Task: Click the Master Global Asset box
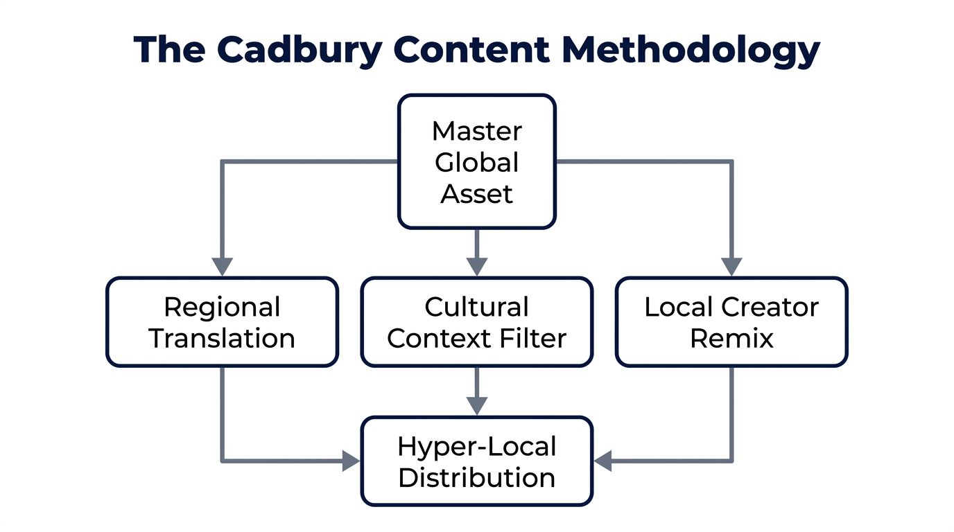[477, 162]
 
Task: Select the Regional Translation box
[222, 322]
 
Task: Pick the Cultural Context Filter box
[477, 322]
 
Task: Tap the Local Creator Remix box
[731, 322]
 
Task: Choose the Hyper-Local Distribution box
[477, 461]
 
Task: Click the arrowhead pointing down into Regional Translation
[222, 267]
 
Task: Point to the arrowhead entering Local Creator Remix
[731, 267]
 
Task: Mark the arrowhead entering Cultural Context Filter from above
[477, 267]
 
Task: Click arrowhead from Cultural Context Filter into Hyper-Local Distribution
[477, 406]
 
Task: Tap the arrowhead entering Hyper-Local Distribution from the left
[352, 461]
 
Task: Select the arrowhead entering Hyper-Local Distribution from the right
[603, 461]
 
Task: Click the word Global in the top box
[477, 163]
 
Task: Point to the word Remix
[731, 338]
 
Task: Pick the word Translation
[222, 338]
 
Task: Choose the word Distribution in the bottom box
[477, 477]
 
